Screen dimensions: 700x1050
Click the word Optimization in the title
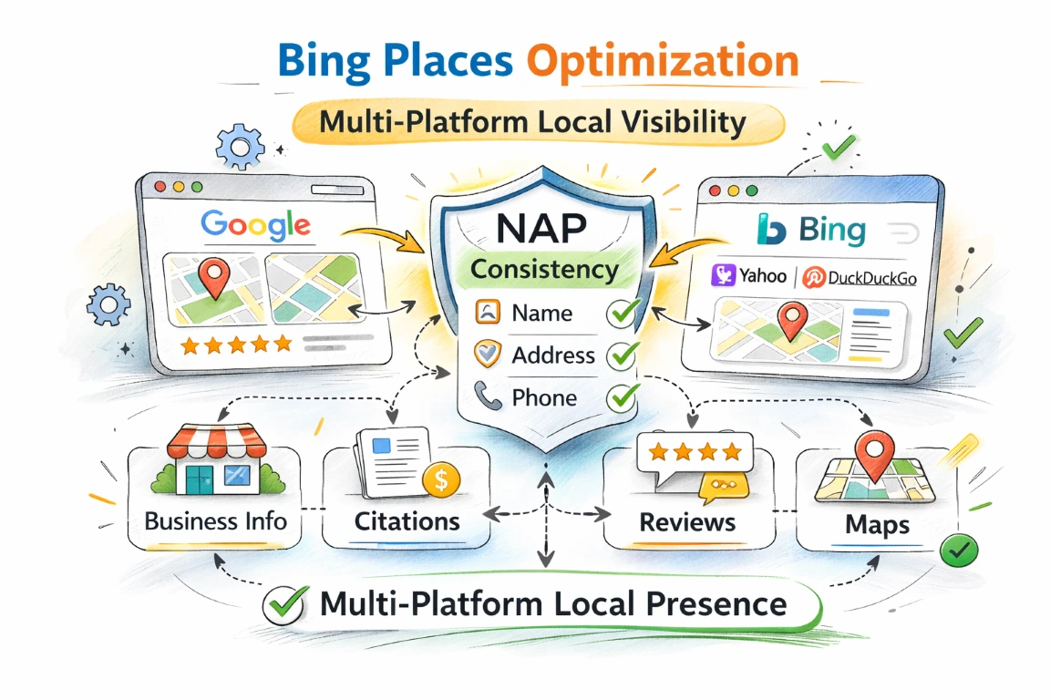(663, 61)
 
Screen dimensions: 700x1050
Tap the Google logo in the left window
(255, 224)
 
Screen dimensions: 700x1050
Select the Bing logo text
(832, 231)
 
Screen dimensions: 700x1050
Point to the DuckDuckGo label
(860, 277)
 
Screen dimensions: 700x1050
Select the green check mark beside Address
(623, 355)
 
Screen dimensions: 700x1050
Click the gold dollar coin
(441, 479)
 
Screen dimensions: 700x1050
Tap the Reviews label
(687, 522)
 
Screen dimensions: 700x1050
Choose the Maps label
(876, 526)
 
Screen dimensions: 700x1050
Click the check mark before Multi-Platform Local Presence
(283, 604)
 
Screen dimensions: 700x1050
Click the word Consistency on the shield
(544, 270)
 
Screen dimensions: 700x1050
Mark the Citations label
(407, 522)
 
